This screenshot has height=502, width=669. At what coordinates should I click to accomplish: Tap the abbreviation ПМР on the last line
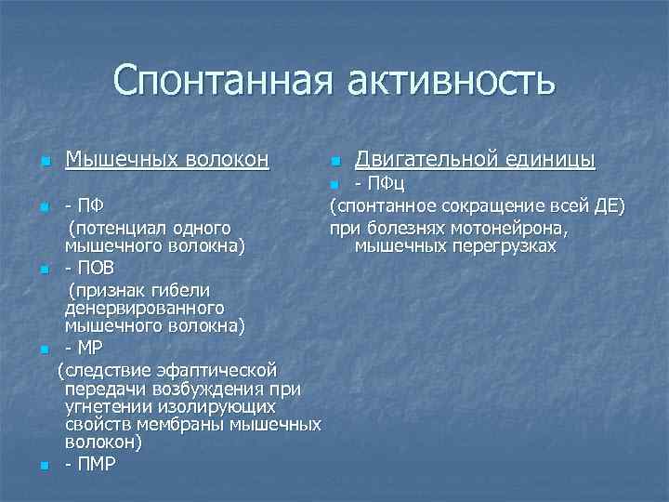coord(97,464)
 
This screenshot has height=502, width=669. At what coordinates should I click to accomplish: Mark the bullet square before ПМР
coord(46,465)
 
